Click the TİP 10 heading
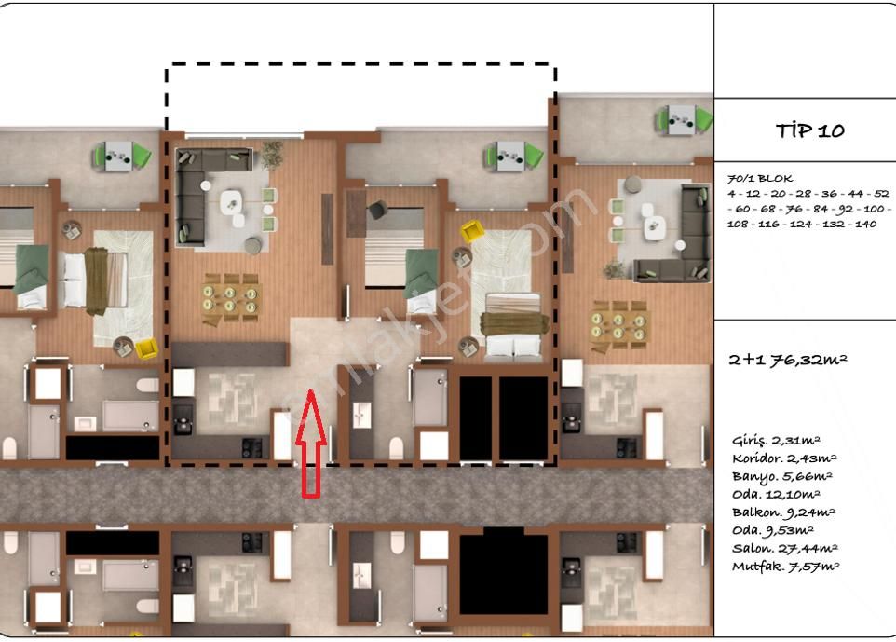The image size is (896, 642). pyautogui.click(x=809, y=130)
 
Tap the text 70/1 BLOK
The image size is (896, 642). pyautogui.click(x=760, y=178)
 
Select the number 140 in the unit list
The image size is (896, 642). pyautogui.click(x=865, y=225)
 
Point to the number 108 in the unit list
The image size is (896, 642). pyautogui.click(x=738, y=225)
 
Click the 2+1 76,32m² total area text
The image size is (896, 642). pyautogui.click(x=787, y=360)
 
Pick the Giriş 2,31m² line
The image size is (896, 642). pyautogui.click(x=776, y=440)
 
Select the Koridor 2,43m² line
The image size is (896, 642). pyautogui.click(x=784, y=458)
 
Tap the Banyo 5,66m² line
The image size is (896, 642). pyautogui.click(x=781, y=476)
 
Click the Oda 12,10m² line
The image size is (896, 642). pyautogui.click(x=776, y=494)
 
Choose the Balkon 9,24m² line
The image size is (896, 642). pyautogui.click(x=783, y=512)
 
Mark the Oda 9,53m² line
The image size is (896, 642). pyautogui.click(x=772, y=530)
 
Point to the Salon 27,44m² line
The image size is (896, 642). pyautogui.click(x=784, y=548)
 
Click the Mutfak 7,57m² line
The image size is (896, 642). pyautogui.click(x=786, y=567)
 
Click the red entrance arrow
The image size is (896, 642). pyautogui.click(x=311, y=443)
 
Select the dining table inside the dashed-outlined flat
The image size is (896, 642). pyautogui.click(x=230, y=299)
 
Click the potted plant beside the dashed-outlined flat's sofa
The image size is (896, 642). pyautogui.click(x=272, y=155)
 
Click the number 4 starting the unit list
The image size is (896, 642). pyautogui.click(x=731, y=194)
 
